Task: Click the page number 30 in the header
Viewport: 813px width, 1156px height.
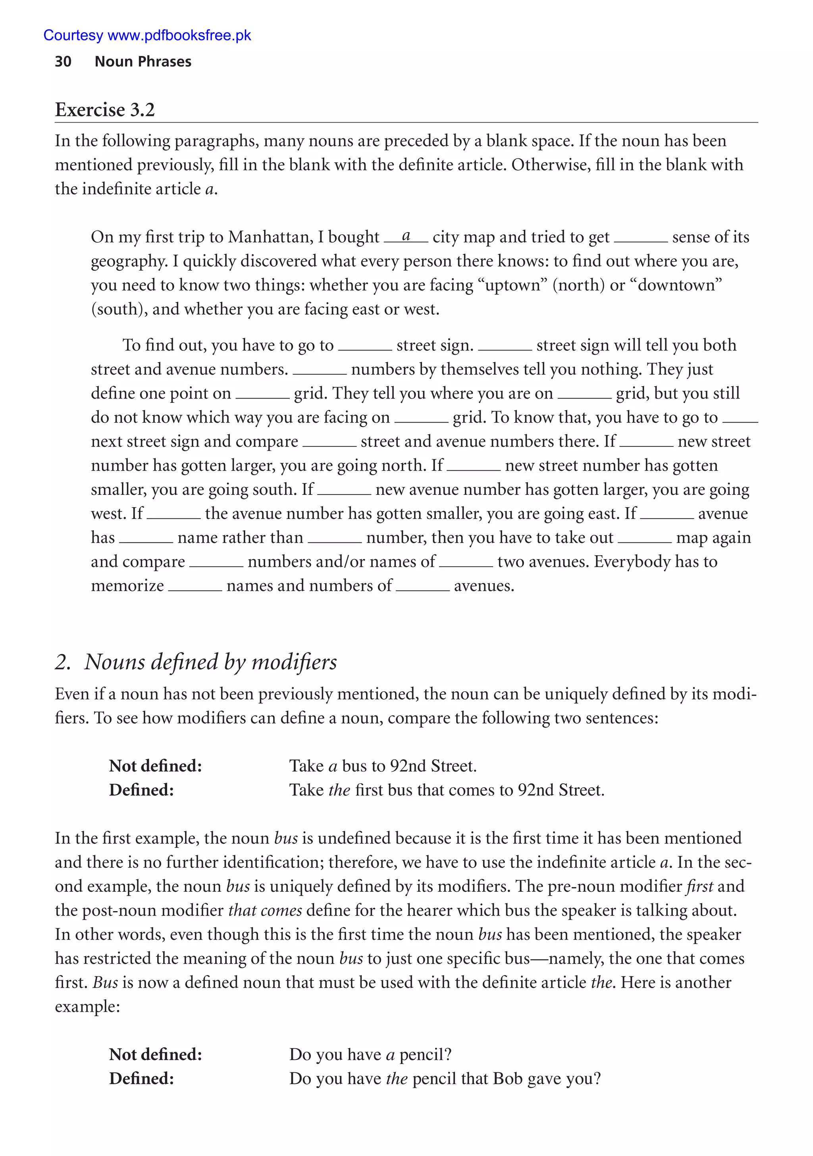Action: [x=63, y=62]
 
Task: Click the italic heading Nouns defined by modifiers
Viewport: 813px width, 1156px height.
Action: [x=210, y=662]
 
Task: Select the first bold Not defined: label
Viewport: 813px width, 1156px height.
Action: [x=155, y=766]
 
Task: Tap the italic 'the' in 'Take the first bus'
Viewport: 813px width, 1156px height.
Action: [x=339, y=790]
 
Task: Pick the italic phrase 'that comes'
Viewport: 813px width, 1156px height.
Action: [x=265, y=910]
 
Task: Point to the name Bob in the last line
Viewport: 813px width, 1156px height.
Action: [x=507, y=1079]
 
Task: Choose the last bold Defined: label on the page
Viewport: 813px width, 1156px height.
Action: [x=142, y=1079]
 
